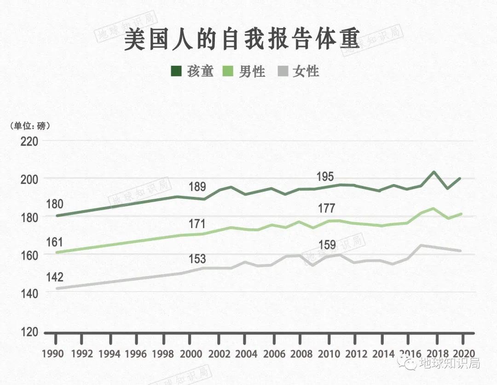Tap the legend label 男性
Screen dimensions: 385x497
(252, 71)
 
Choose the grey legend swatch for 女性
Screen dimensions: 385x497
(283, 71)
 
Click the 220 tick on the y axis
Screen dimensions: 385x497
(29, 141)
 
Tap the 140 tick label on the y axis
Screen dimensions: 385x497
(29, 293)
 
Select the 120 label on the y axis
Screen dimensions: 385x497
(29, 332)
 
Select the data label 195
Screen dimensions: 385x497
(326, 177)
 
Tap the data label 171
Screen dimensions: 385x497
(196, 224)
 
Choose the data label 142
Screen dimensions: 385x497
(54, 277)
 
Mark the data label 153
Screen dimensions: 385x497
(196, 259)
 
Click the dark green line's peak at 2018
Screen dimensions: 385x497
(434, 172)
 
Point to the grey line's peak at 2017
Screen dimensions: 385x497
(421, 245)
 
